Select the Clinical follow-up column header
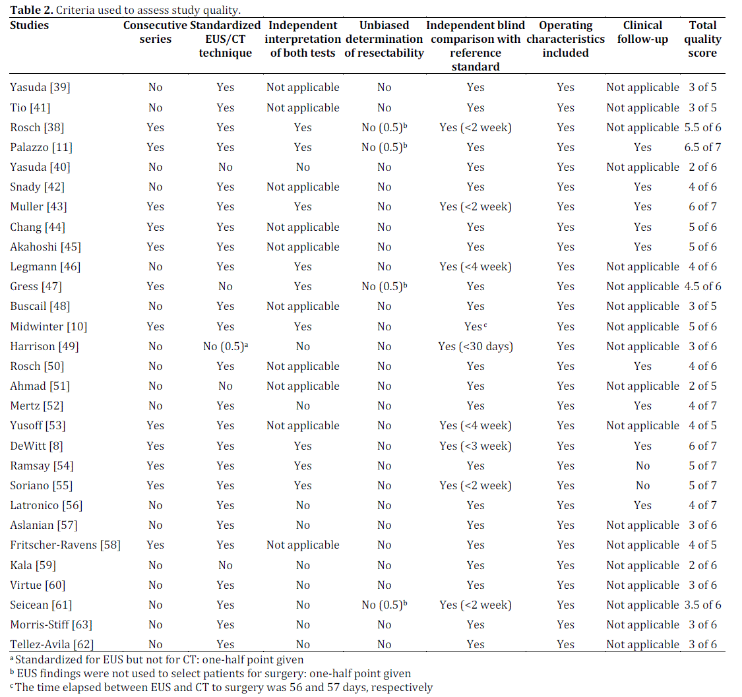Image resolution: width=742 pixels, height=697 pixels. pyautogui.click(x=642, y=32)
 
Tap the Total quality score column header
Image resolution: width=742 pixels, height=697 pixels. pyautogui.click(x=702, y=39)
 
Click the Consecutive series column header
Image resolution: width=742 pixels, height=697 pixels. pyautogui.click(x=156, y=32)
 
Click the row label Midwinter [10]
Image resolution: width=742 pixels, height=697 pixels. pyautogui.click(x=49, y=326)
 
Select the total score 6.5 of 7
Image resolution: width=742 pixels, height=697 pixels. pyautogui.click(x=702, y=147)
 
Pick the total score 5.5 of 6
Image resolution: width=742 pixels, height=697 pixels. pyautogui.click(x=702, y=127)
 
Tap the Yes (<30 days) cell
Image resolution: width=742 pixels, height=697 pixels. pyautogui.click(x=476, y=346)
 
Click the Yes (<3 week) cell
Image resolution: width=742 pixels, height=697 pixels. pyautogui.click(x=476, y=446)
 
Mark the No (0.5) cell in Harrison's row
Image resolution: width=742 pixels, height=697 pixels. pyautogui.click(x=225, y=346)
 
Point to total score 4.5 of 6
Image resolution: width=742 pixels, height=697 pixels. pyautogui.click(x=702, y=286)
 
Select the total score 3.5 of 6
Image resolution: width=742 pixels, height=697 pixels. pyautogui.click(x=702, y=605)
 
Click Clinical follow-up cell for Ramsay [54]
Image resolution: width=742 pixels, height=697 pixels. pyautogui.click(x=642, y=466)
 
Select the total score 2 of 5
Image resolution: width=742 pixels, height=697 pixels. pyautogui.click(x=702, y=386)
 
